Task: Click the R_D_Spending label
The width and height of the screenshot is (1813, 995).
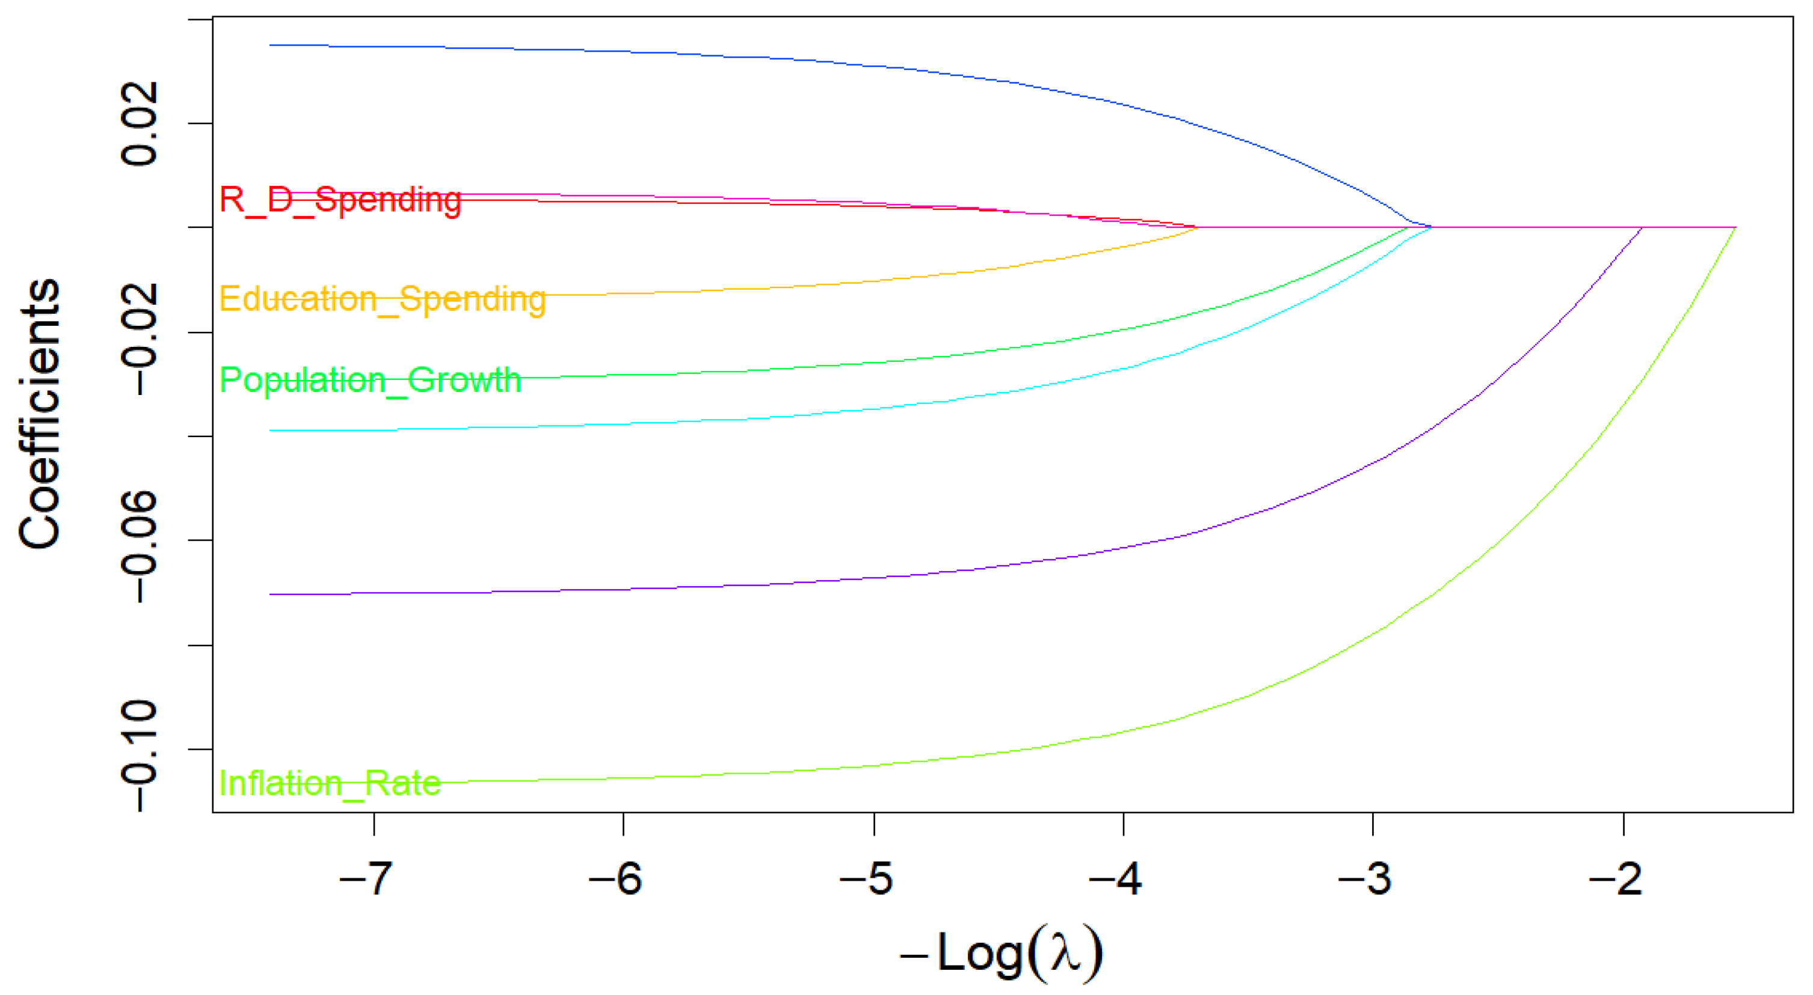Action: [x=340, y=200]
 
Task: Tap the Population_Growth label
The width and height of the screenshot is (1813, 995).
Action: [x=370, y=381]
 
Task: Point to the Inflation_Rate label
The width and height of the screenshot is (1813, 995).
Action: [x=330, y=783]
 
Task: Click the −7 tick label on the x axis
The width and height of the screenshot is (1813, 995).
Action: [x=365, y=878]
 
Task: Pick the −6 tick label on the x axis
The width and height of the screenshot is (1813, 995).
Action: [x=615, y=878]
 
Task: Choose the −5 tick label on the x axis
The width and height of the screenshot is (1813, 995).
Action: [x=866, y=878]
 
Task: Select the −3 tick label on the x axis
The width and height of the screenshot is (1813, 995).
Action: [x=1365, y=878]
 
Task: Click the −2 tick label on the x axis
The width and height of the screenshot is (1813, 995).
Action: [x=1615, y=878]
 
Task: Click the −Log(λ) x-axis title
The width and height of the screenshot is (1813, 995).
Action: [x=1002, y=954]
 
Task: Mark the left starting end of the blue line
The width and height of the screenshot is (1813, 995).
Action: [x=270, y=45]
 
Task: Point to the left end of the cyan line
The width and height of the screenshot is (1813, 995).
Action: [x=270, y=430]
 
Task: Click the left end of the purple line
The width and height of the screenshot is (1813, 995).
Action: [x=270, y=595]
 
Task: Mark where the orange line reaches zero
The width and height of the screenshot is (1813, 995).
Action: [x=1197, y=227]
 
